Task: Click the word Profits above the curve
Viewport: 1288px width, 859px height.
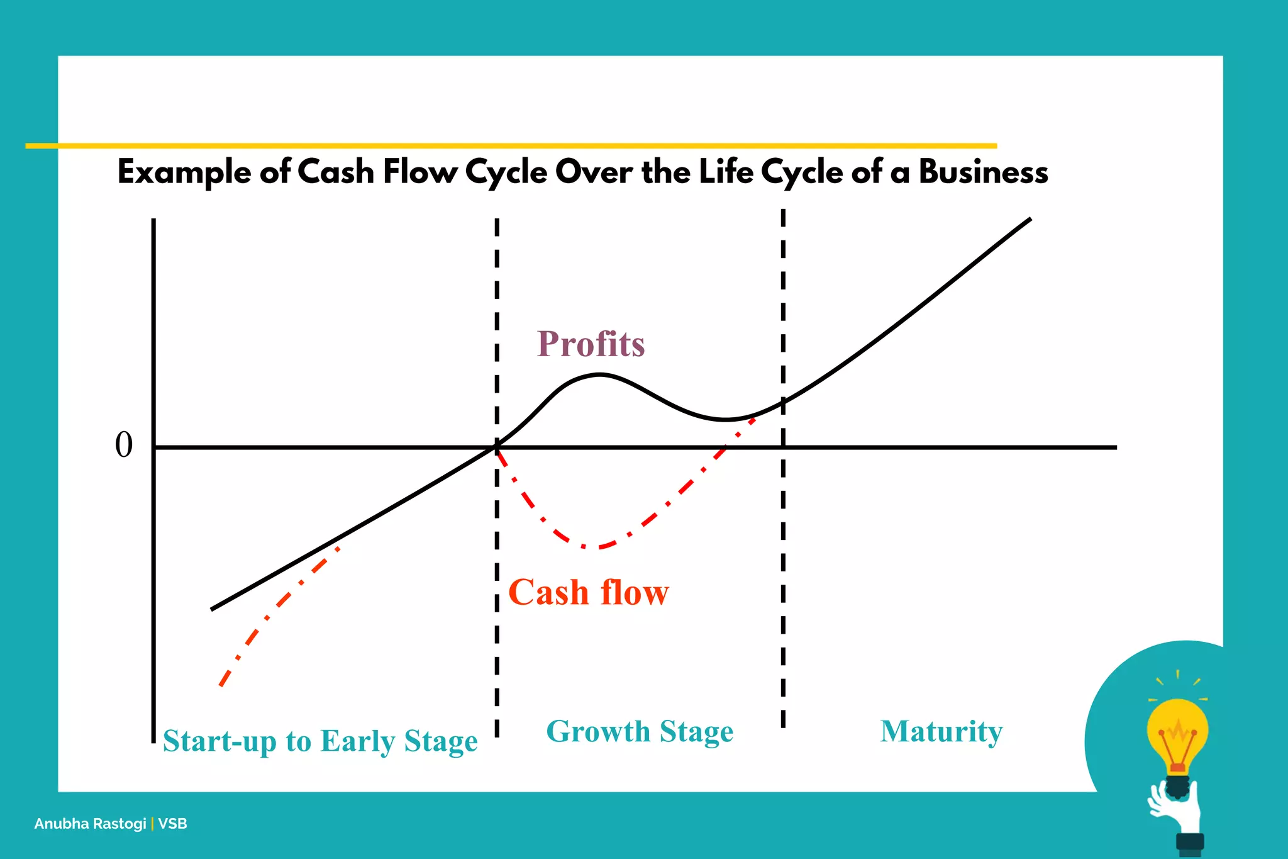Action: pyautogui.click(x=591, y=344)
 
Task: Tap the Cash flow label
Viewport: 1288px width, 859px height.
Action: pyautogui.click(x=588, y=593)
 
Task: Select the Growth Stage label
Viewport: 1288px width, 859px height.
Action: pyautogui.click(x=640, y=731)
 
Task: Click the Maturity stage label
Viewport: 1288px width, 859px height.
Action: pyautogui.click(x=941, y=731)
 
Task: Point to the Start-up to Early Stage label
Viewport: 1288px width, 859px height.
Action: pyautogui.click(x=320, y=741)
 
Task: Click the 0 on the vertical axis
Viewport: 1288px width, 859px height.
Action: pyautogui.click(x=124, y=445)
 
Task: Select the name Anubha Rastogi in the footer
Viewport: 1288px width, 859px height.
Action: pyautogui.click(x=90, y=824)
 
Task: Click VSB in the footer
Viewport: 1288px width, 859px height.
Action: pyautogui.click(x=172, y=824)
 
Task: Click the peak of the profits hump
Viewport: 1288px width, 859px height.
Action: pyautogui.click(x=599, y=375)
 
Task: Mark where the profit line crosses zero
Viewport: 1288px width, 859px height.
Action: pyautogui.click(x=496, y=447)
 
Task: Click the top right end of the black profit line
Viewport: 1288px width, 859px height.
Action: pyautogui.click(x=1030, y=220)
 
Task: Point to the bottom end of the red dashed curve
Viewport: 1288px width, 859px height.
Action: pyautogui.click(x=221, y=685)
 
